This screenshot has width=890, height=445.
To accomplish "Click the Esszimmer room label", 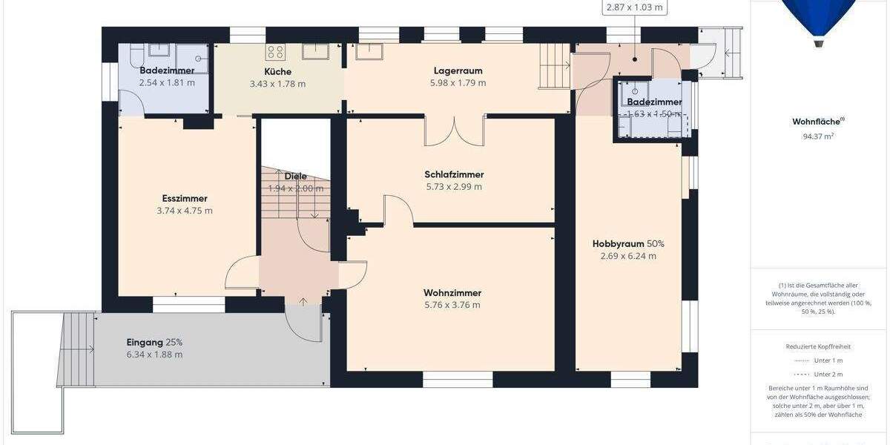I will click(185, 198).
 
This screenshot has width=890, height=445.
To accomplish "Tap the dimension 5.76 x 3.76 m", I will click(452, 305).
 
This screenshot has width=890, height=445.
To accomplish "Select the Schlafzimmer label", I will click(454, 174).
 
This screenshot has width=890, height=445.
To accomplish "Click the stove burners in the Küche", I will click(275, 52).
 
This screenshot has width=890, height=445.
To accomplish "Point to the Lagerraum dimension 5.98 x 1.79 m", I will click(458, 83).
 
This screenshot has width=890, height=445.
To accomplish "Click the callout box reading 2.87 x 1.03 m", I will click(633, 7).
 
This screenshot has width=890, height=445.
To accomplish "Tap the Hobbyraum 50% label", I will click(628, 243).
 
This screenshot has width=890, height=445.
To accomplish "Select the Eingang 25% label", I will click(154, 342).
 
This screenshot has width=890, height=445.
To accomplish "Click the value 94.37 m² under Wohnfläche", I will click(818, 136).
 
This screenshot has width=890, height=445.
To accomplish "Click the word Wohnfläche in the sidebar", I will click(817, 122).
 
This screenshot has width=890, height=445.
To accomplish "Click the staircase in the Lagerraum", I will click(552, 65).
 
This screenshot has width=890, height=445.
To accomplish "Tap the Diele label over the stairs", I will click(295, 177).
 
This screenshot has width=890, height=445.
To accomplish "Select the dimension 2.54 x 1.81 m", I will click(167, 82).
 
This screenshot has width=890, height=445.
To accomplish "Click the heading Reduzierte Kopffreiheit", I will click(818, 346).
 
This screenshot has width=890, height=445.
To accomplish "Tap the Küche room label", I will click(277, 71).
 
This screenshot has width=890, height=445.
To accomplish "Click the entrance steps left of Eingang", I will click(79, 349).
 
